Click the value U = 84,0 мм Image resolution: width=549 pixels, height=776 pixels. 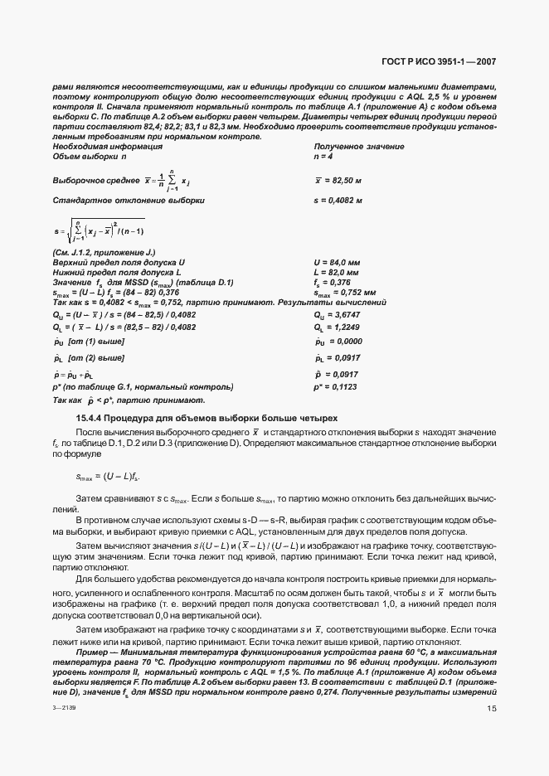[x=336, y=262]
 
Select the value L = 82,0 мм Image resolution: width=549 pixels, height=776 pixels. [x=336, y=272]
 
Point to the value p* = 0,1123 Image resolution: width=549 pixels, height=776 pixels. [x=337, y=386]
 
